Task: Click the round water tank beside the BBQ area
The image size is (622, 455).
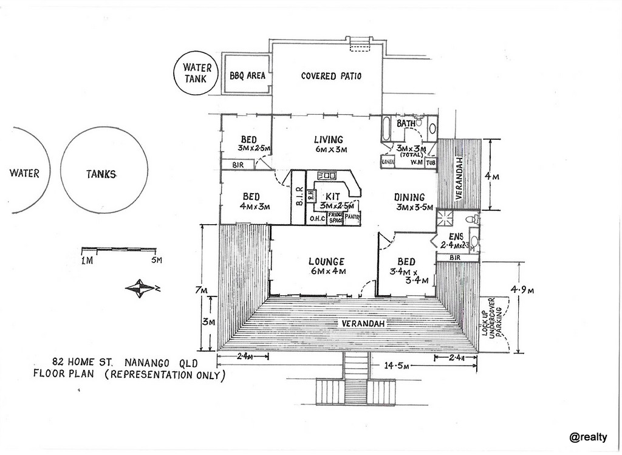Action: [x=197, y=74]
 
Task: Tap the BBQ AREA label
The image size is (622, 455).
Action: [x=247, y=77]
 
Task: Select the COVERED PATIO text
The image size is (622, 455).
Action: [x=331, y=77]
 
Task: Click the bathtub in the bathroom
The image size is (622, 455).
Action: [x=388, y=128]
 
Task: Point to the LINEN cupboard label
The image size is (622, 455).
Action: [x=388, y=162]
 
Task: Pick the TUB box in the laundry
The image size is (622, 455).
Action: [x=431, y=162]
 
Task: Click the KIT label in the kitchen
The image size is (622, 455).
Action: [x=332, y=196]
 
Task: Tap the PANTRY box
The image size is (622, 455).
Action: [x=353, y=217]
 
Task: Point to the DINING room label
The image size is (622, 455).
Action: [x=409, y=197]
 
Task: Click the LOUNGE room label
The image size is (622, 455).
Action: [x=327, y=262]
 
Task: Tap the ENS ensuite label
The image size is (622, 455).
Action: [x=456, y=236]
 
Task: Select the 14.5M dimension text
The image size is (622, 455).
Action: [x=397, y=366]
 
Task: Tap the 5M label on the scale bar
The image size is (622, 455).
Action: [x=157, y=261]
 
